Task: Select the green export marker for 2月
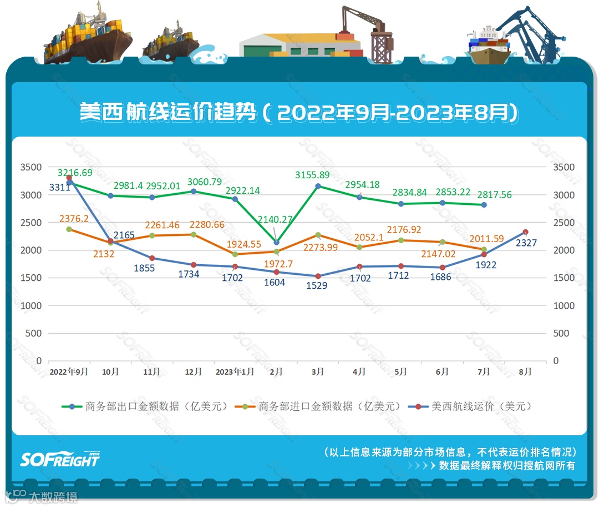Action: point(276,242)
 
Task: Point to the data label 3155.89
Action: point(312,175)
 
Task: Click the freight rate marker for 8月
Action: point(525,232)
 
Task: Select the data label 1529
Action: point(317,285)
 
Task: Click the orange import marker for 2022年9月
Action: point(69,229)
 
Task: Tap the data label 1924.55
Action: point(245,244)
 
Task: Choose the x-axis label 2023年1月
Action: point(235,372)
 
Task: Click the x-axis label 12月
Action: point(194,372)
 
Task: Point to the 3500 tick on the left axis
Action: point(31,167)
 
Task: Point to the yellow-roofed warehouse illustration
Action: point(299,44)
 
